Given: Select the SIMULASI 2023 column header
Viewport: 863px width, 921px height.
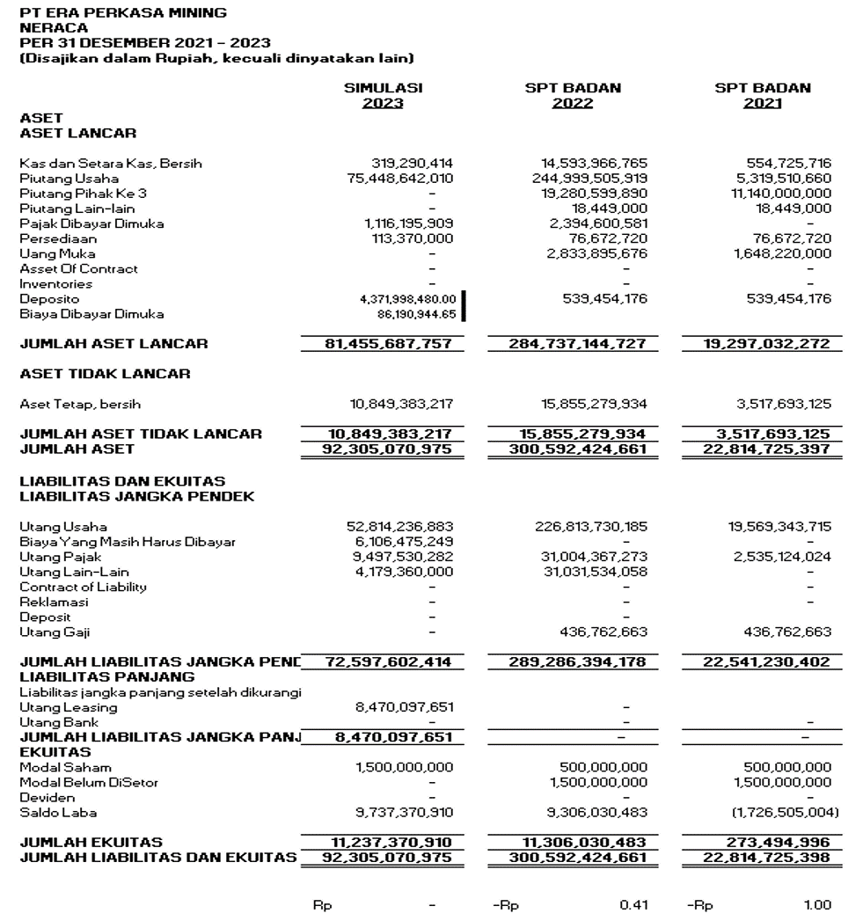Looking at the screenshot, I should click(x=383, y=95).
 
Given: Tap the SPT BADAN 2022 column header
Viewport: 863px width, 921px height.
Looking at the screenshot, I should click(x=574, y=95).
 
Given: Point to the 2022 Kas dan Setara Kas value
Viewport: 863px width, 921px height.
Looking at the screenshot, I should click(x=594, y=163).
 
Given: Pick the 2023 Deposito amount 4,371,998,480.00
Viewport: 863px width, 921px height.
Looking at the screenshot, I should click(x=406, y=299).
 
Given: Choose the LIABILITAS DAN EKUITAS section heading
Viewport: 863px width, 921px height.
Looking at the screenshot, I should click(x=122, y=480).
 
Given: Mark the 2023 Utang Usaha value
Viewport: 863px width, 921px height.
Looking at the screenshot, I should click(x=400, y=526).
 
